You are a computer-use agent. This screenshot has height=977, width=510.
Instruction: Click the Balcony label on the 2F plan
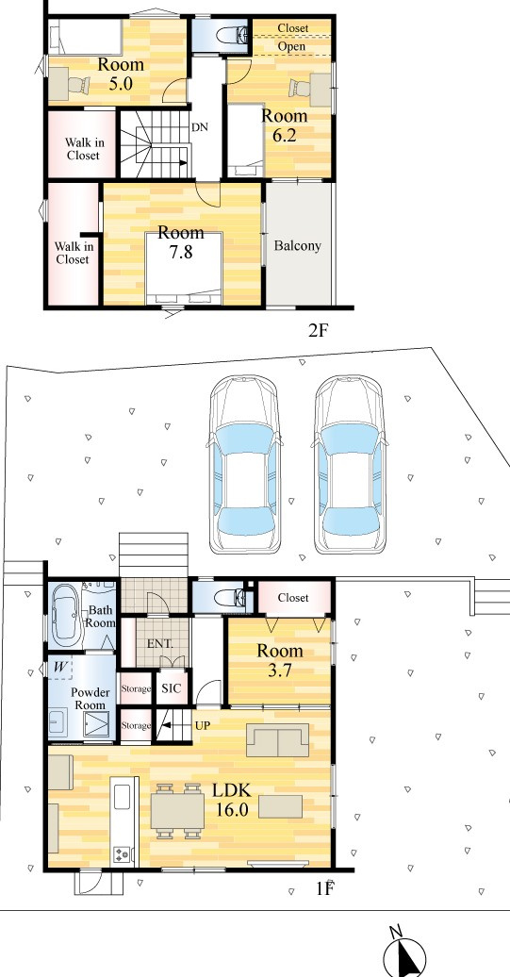[x=298, y=245]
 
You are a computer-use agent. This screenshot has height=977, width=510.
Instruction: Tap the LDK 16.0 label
[x=232, y=800]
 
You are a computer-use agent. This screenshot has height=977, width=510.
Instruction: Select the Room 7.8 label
[x=181, y=241]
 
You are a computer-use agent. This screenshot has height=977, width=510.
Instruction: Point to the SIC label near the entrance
[x=172, y=688]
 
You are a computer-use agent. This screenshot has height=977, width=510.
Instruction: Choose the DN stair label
[x=199, y=127]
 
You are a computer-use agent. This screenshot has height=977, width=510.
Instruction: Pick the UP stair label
[x=203, y=726]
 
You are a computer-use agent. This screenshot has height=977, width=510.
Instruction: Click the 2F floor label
[x=318, y=330]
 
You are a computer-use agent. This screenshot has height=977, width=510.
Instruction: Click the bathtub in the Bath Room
[x=66, y=614]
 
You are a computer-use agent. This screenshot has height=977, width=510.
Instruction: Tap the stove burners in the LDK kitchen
[x=121, y=854]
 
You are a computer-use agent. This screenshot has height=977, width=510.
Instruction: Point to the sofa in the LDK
[x=278, y=740]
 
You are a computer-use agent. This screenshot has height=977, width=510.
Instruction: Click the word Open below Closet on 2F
[x=291, y=47]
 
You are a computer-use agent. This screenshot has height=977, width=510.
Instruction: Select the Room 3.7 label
[x=280, y=660]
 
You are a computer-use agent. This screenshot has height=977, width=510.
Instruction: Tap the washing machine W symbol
[x=60, y=667]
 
